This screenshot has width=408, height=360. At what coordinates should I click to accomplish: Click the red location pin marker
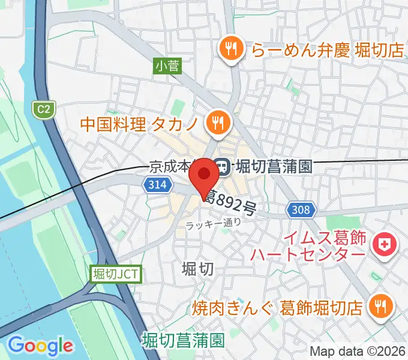point(204,175)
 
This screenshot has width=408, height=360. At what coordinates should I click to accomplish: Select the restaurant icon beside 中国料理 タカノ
point(217,123)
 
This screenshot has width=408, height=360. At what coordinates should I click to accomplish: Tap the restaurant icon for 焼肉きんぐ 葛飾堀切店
point(380,307)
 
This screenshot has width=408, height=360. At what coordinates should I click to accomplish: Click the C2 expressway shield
point(42,109)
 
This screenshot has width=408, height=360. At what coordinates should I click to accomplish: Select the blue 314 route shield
point(155,186)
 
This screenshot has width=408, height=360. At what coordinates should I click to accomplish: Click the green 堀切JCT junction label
point(116,275)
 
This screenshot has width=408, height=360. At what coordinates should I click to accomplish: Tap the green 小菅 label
point(167,67)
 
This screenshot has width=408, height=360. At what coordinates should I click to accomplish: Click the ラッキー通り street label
point(214,223)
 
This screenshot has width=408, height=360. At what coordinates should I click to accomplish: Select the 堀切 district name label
point(197,269)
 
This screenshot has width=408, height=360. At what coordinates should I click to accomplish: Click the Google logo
point(41,346)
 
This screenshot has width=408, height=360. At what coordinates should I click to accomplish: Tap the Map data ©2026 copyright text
point(356,350)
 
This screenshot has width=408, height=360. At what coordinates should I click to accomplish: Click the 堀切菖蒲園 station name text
point(274,167)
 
